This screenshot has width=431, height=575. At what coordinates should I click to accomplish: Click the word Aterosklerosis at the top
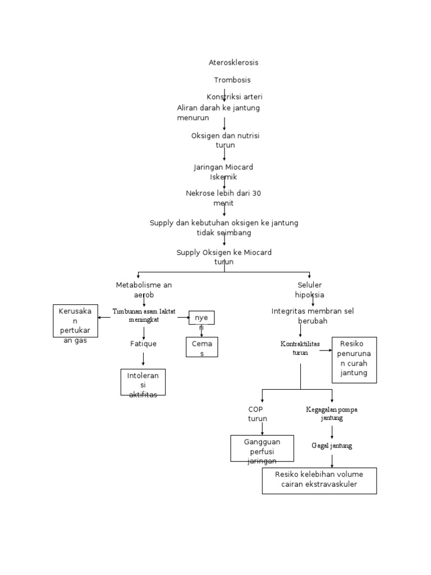click(x=233, y=62)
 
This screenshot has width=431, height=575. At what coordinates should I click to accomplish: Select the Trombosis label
click(x=232, y=80)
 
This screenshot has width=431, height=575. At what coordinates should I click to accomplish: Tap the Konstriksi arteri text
click(x=234, y=97)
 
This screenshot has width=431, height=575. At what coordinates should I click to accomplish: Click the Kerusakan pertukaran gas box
click(x=75, y=321)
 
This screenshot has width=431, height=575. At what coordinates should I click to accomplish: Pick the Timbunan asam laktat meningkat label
click(x=144, y=316)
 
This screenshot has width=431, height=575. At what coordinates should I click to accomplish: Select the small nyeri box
click(x=201, y=318)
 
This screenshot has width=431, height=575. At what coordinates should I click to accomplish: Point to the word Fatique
click(x=143, y=344)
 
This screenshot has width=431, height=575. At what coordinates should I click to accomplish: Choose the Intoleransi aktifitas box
click(x=143, y=382)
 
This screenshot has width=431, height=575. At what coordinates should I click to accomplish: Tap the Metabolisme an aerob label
click(x=144, y=290)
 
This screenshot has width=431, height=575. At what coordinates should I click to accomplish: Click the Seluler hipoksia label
click(x=309, y=290)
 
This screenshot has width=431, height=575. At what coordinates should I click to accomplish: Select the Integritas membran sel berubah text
click(x=312, y=316)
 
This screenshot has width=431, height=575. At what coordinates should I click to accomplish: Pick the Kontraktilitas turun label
click(x=300, y=348)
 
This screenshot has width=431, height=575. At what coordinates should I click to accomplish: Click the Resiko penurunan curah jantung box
click(x=354, y=360)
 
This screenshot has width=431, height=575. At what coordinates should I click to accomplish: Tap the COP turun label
click(x=258, y=414)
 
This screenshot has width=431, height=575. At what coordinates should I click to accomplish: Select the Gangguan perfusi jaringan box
click(x=262, y=449)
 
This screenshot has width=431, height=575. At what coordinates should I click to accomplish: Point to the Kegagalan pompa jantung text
click(x=331, y=414)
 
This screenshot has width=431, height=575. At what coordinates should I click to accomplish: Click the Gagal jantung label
click(x=332, y=445)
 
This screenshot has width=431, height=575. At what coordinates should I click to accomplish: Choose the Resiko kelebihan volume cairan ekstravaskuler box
click(x=319, y=481)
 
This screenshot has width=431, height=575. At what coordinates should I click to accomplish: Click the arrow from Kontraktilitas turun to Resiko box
click(x=325, y=351)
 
